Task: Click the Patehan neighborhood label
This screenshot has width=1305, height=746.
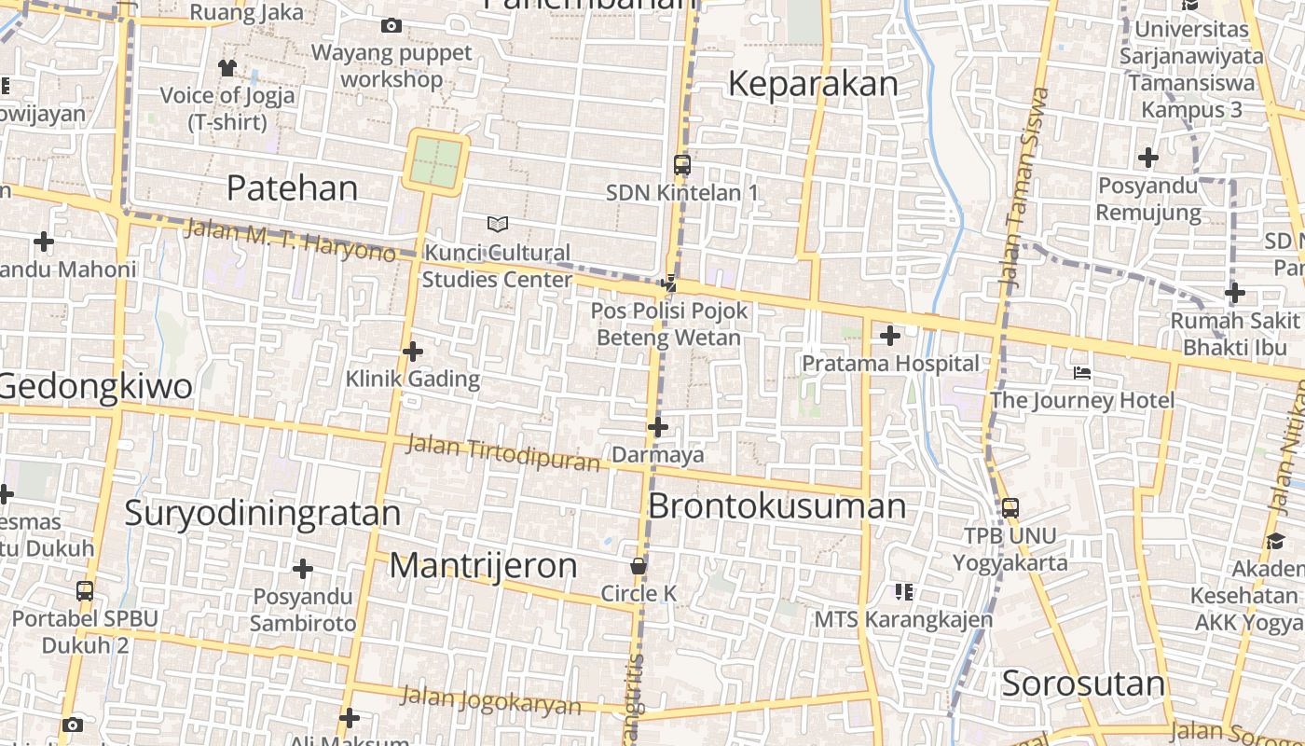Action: (x=292, y=188)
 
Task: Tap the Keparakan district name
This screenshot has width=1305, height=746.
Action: (x=813, y=84)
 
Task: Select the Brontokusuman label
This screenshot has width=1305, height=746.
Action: (x=776, y=506)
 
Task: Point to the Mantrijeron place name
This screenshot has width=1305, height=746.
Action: (x=483, y=566)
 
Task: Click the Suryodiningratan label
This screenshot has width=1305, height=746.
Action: (x=262, y=513)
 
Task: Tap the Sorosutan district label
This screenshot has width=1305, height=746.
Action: (x=1083, y=684)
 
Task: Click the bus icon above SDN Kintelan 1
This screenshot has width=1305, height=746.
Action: (x=682, y=165)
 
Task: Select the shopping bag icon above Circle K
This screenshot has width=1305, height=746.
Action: (x=639, y=566)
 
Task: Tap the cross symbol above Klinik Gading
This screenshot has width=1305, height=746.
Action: (x=412, y=352)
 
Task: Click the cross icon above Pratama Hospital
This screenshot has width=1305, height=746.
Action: (x=890, y=336)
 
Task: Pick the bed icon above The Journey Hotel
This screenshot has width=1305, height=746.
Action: (x=1081, y=373)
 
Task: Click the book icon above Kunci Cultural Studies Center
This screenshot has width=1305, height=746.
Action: (x=498, y=224)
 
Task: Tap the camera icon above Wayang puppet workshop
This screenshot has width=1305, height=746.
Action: (x=391, y=25)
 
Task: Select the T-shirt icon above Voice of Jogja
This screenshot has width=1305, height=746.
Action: (x=227, y=67)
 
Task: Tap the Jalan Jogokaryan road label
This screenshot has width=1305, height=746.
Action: (x=490, y=700)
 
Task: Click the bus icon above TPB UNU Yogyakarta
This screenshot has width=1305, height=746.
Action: (x=1010, y=508)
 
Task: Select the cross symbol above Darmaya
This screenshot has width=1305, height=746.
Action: (x=658, y=428)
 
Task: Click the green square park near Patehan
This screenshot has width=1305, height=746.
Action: (x=436, y=161)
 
